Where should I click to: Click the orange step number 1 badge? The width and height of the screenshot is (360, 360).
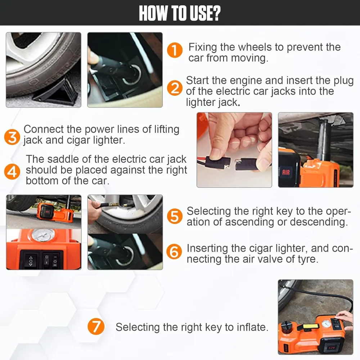pos(175,50)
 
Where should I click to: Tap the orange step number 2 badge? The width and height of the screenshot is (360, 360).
pos(175,88)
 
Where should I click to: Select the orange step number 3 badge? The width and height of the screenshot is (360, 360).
pos(12,137)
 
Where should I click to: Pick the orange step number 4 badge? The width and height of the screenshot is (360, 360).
pos(12,171)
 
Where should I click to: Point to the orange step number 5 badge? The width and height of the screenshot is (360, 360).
pos(175,216)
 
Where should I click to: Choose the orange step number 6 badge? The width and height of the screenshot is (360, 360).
pos(174,251)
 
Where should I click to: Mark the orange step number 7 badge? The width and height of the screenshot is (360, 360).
pos(96,326)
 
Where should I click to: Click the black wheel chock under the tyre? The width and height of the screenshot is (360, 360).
pos(57,92)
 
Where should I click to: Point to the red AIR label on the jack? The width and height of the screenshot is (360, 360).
pos(286,172)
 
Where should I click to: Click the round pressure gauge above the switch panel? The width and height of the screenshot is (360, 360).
pos(44,235)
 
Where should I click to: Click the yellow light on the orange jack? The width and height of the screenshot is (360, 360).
pos(311,326)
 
